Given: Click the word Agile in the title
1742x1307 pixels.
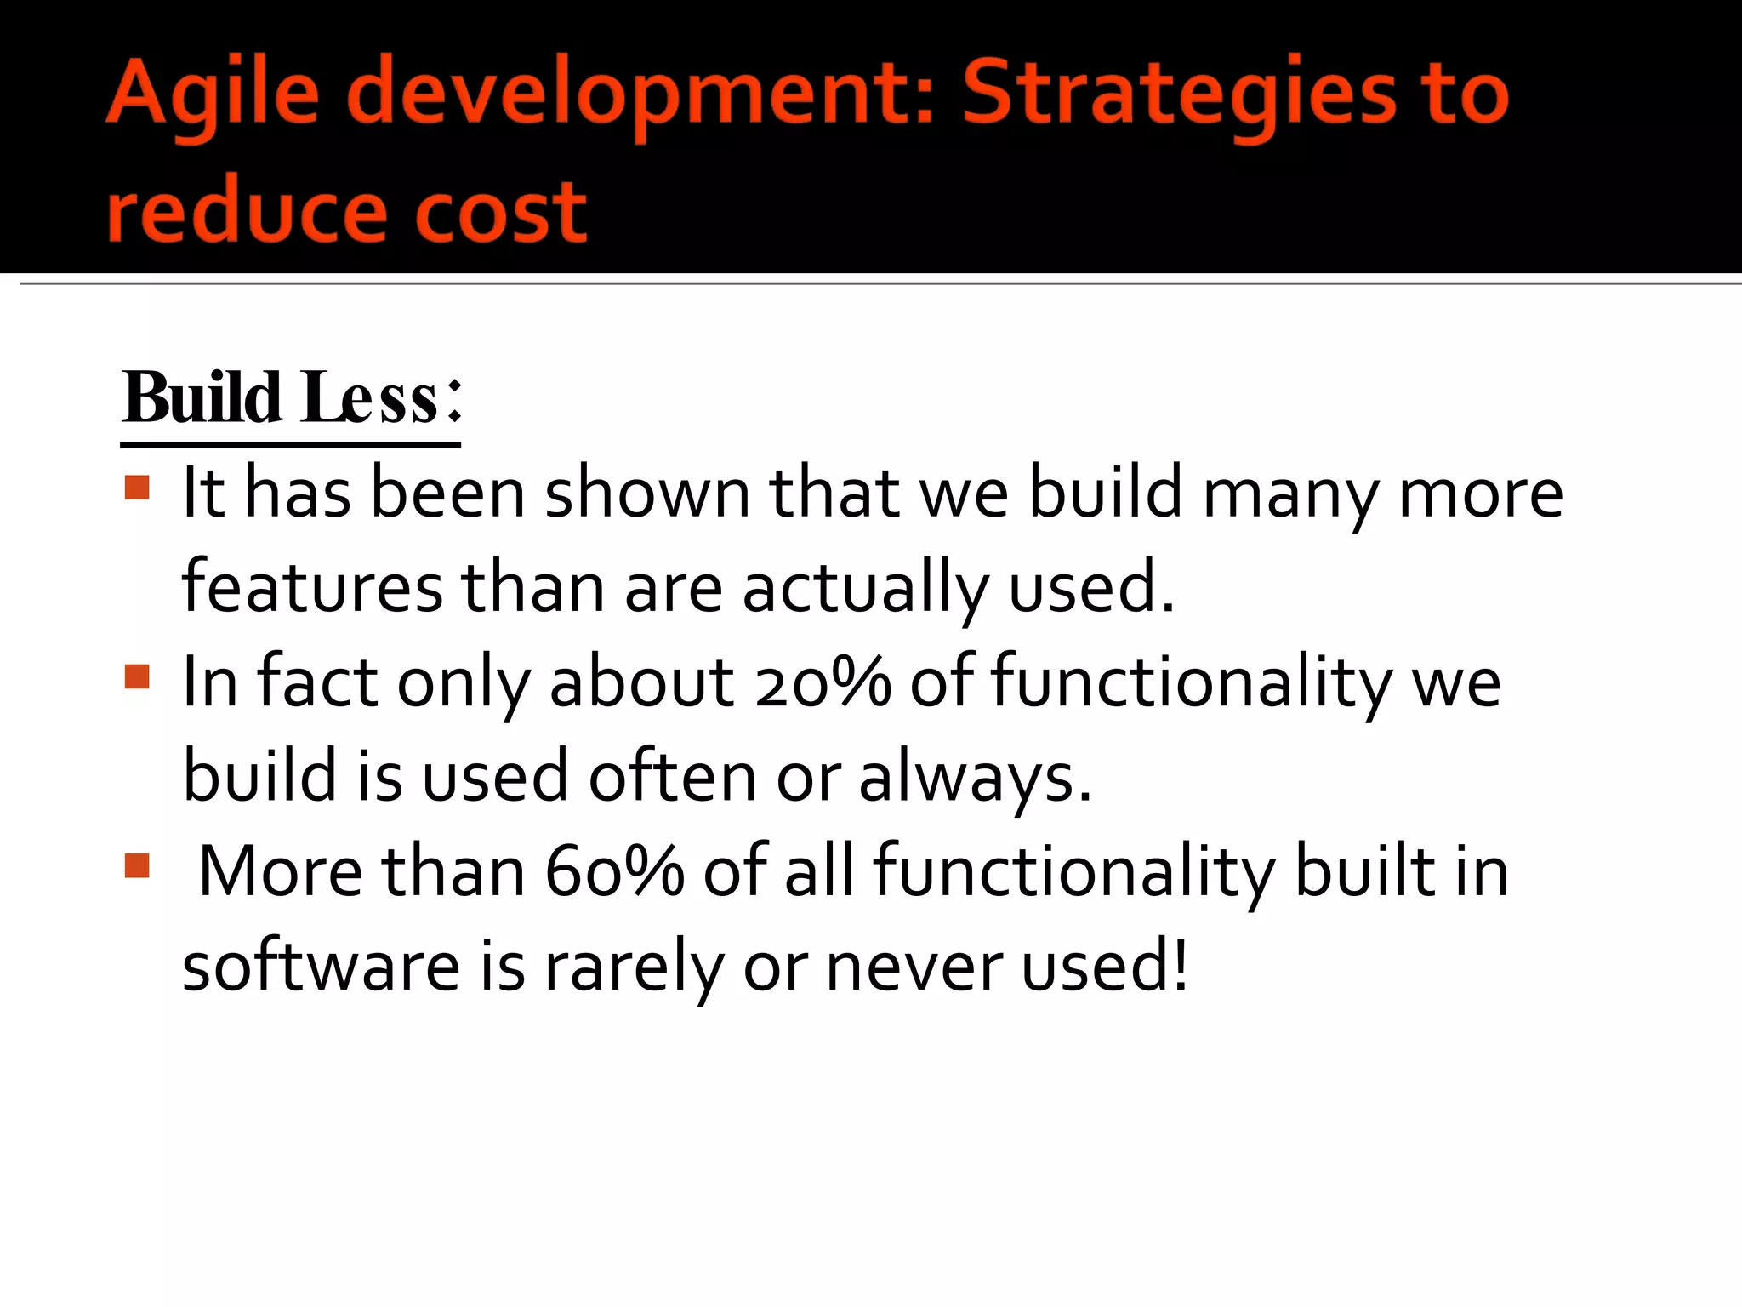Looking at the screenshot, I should [213, 92].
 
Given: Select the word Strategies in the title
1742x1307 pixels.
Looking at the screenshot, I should [1178, 92].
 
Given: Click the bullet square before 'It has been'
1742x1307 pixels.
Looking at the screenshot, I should [137, 488].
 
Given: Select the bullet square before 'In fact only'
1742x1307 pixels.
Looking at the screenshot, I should [137, 676].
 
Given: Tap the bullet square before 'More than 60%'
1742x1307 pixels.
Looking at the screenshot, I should [137, 866].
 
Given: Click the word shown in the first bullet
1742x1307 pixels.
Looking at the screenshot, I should [647, 494].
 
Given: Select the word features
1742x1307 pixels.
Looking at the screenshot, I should [312, 588].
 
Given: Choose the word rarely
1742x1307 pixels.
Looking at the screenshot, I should [634, 967].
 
